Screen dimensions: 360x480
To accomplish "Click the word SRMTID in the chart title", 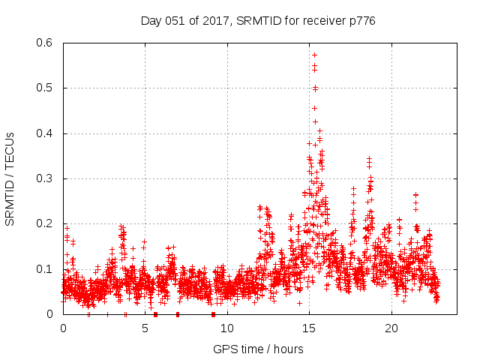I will [x=257, y=21].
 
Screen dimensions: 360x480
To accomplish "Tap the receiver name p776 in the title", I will [x=360, y=21].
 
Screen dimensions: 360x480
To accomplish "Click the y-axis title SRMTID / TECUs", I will [x=10, y=178].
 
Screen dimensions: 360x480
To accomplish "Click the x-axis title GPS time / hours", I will [x=258, y=349].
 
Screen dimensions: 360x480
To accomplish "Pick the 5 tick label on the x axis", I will [x=145, y=328].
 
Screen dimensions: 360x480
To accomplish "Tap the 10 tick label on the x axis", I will [x=227, y=328].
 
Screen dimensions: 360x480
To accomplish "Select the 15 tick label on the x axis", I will [x=309, y=328].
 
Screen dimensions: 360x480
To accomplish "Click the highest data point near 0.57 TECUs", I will [x=314, y=55].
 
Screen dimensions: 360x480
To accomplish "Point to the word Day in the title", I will [x=151, y=21].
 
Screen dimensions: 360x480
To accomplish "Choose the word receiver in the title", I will [x=321, y=21].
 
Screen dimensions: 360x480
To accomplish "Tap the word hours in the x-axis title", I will [x=289, y=349].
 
